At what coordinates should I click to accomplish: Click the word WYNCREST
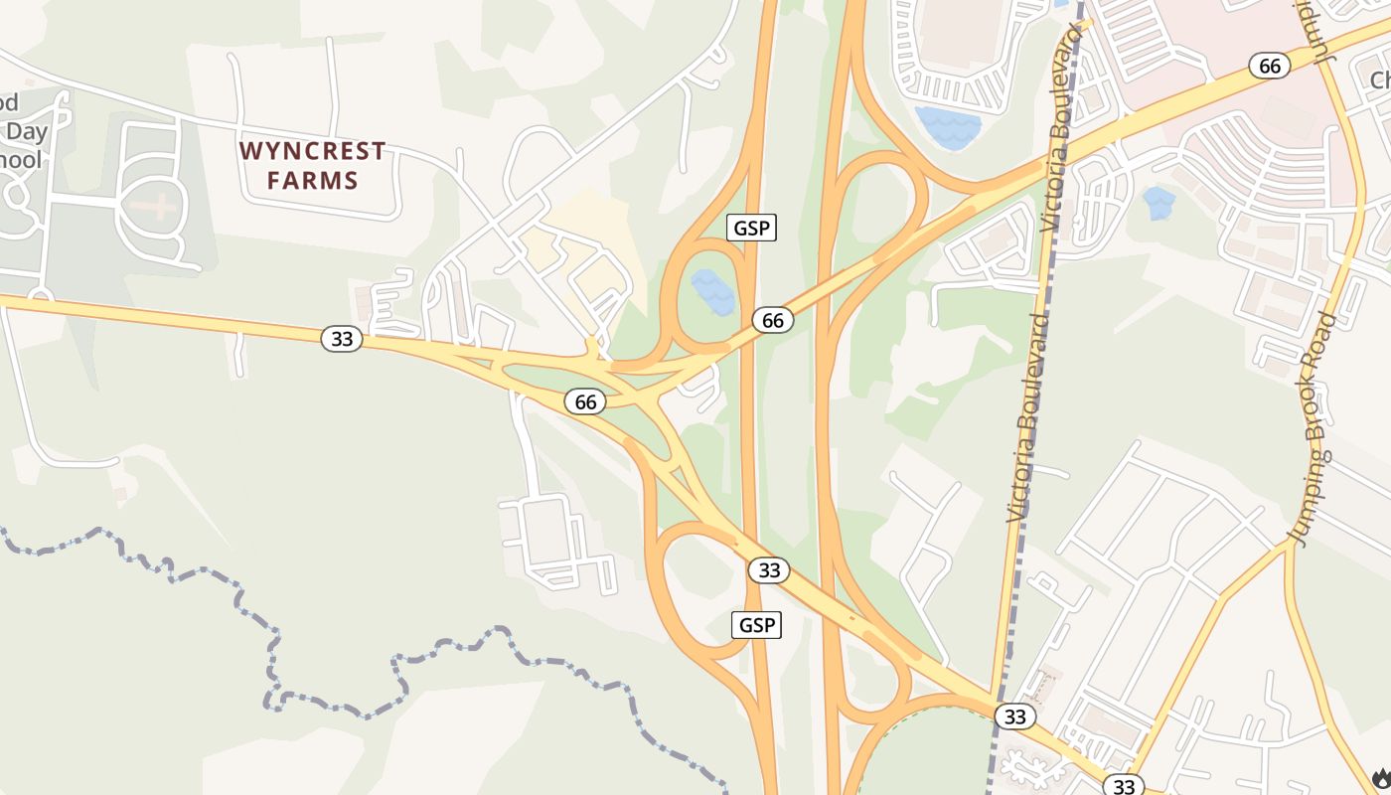pyautogui.click(x=312, y=151)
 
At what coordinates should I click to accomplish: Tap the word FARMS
pyautogui.click(x=312, y=181)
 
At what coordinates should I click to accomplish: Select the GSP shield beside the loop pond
pyautogui.click(x=751, y=228)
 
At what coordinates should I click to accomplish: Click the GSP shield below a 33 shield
pyautogui.click(x=756, y=625)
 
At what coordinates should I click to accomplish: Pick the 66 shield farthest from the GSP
pyautogui.click(x=1269, y=66)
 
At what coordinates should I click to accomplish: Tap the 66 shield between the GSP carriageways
pyautogui.click(x=772, y=320)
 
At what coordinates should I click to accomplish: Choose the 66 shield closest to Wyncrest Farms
pyautogui.click(x=585, y=401)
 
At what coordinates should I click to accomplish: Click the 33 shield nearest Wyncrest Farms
pyautogui.click(x=341, y=339)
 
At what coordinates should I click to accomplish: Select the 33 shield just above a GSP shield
pyautogui.click(x=768, y=570)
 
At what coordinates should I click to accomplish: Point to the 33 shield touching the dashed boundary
pyautogui.click(x=1013, y=716)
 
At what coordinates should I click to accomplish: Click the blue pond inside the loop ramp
pyautogui.click(x=712, y=291)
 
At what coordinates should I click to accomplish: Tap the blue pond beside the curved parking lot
pyautogui.click(x=949, y=127)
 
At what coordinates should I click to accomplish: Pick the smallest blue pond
pyautogui.click(x=1159, y=203)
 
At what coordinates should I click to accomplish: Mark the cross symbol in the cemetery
pyautogui.click(x=156, y=208)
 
